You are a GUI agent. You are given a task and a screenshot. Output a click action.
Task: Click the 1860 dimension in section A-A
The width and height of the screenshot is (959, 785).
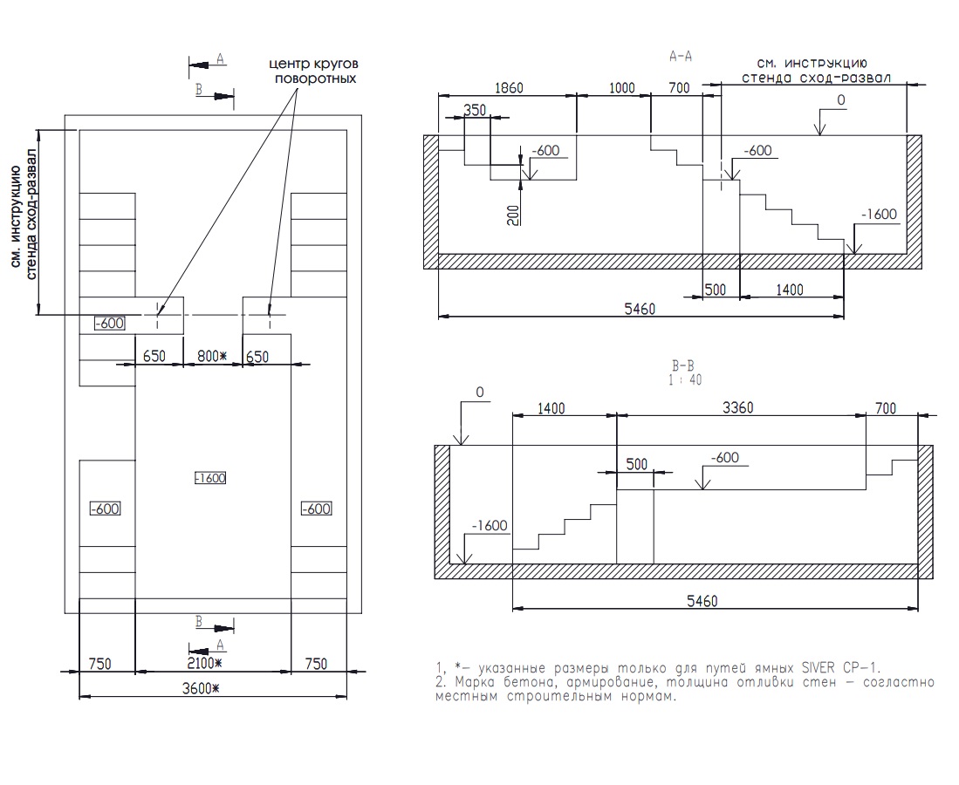508,88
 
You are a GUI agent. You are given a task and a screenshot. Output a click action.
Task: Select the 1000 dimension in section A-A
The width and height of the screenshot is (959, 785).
621,88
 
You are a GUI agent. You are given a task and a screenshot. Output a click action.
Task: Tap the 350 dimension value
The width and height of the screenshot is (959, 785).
475,110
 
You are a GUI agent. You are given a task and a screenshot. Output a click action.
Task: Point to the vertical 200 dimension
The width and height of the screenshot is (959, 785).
514,215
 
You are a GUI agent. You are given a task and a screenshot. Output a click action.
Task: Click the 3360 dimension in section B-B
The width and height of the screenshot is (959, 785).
737,408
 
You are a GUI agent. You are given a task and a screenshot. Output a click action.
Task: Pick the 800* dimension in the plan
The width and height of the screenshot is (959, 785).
212,356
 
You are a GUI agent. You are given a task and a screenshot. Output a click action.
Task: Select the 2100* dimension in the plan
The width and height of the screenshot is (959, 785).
204,664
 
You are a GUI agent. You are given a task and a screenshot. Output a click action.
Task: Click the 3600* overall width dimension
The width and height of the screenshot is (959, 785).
201,688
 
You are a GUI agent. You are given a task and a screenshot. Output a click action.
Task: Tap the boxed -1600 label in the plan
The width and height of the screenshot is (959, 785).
210,478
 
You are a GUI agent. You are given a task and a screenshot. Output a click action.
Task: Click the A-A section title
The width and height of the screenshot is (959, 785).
681,57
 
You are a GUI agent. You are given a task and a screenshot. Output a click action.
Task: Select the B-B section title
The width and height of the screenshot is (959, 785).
683,366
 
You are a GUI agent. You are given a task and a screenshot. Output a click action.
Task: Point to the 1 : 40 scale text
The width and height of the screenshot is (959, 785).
685,379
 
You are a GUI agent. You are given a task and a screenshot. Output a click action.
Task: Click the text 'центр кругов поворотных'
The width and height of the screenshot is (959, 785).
314,71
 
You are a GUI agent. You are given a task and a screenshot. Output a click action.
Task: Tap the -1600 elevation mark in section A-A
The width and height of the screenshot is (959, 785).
879,215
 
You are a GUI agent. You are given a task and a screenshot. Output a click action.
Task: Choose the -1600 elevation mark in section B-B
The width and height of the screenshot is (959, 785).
490,526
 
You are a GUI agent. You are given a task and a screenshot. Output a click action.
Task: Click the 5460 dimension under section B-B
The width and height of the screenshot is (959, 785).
702,602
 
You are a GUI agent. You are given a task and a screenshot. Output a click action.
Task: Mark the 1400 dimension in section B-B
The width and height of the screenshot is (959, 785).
551,408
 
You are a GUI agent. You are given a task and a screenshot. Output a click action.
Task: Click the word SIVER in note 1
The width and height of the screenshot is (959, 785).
819,667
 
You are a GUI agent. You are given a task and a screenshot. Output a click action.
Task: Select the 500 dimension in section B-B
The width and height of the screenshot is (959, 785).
637,465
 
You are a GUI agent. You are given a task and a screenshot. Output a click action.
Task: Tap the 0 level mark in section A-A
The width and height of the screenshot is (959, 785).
841,100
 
